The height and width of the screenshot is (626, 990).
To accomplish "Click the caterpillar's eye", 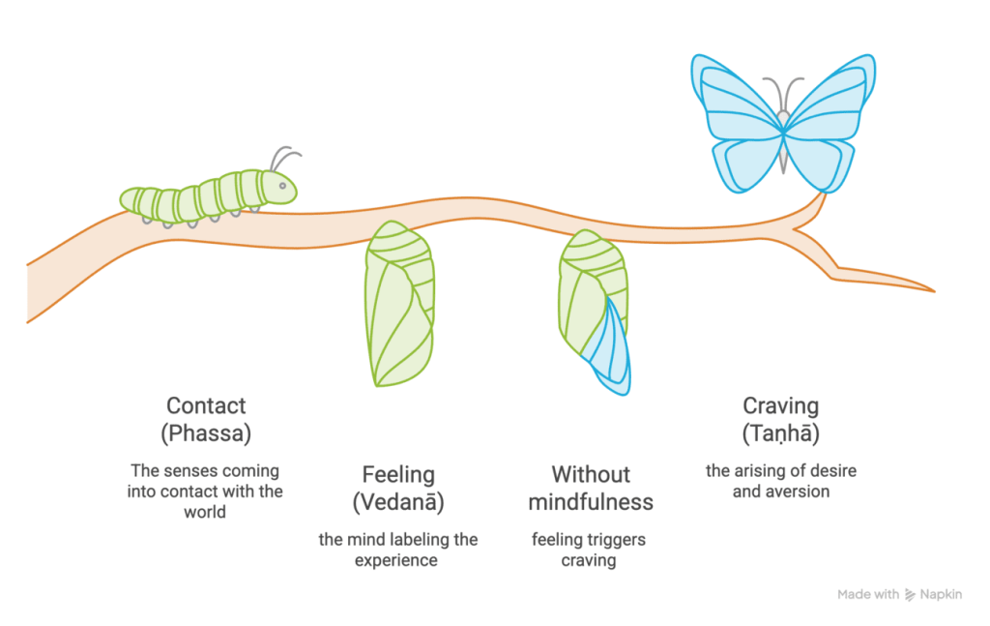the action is (x=283, y=186).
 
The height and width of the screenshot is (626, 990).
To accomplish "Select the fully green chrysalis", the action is (x=399, y=303).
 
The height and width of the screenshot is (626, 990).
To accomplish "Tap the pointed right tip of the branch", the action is (x=933, y=290).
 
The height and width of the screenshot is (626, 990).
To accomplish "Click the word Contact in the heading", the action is (x=206, y=405).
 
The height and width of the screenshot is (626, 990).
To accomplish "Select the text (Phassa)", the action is (x=206, y=433).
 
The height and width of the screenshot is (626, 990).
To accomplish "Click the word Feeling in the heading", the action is (x=398, y=474).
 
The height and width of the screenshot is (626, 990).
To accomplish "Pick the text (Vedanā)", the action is (x=398, y=502).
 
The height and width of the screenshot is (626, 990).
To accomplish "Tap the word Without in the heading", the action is (x=591, y=474).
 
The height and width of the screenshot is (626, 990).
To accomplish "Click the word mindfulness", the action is (x=591, y=502).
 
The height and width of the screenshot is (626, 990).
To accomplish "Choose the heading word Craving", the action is (x=781, y=405).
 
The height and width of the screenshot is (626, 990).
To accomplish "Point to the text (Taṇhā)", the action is (x=781, y=433).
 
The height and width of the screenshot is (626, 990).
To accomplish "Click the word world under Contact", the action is (x=205, y=512).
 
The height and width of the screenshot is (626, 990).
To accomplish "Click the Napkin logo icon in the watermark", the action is (x=910, y=594).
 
